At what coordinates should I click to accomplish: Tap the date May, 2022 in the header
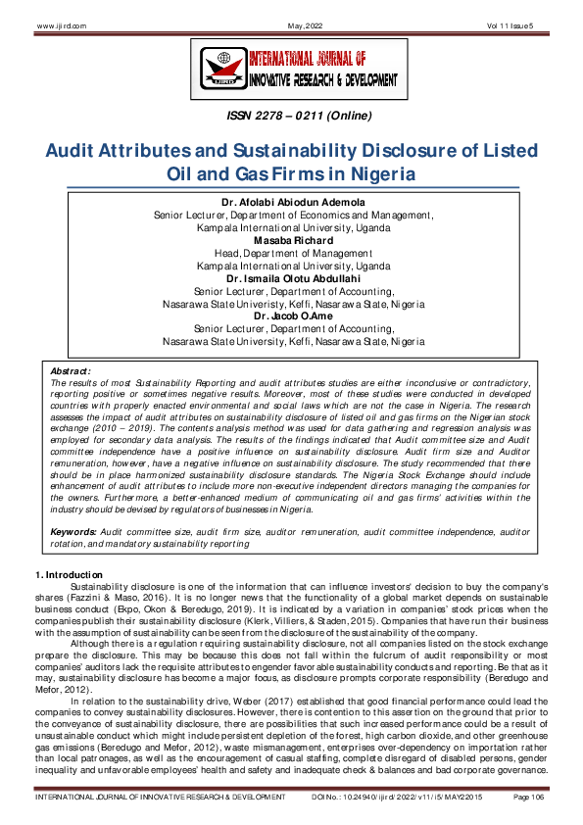tap(292, 24)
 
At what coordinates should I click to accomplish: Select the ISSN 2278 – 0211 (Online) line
tap(291, 117)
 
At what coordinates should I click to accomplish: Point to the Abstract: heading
tap(70, 371)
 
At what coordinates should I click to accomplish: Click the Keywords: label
tap(74, 530)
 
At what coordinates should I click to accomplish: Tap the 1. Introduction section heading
tap(69, 573)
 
